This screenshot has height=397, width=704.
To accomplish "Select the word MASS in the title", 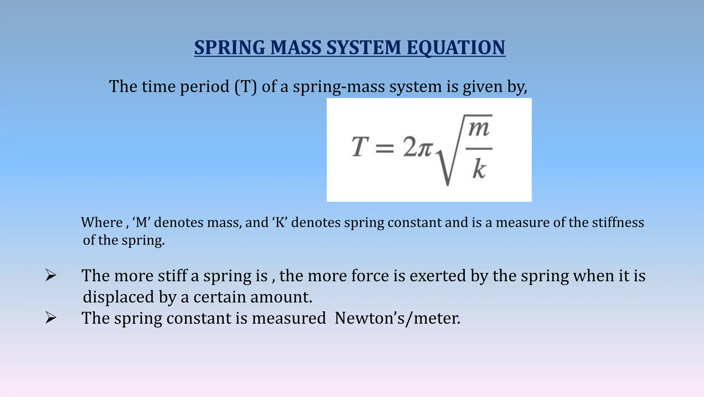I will click(296, 47).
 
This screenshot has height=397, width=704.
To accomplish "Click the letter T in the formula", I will click(360, 147).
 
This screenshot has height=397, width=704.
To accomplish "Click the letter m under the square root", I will click(479, 129).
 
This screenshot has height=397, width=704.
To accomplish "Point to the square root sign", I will click(445, 165).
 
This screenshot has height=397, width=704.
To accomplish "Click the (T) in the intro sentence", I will click(246, 86).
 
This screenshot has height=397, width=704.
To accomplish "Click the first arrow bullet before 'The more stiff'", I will click(51, 276).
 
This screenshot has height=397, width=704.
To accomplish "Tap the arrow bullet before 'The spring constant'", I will click(51, 318).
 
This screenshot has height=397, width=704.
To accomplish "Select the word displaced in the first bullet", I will click(118, 297).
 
